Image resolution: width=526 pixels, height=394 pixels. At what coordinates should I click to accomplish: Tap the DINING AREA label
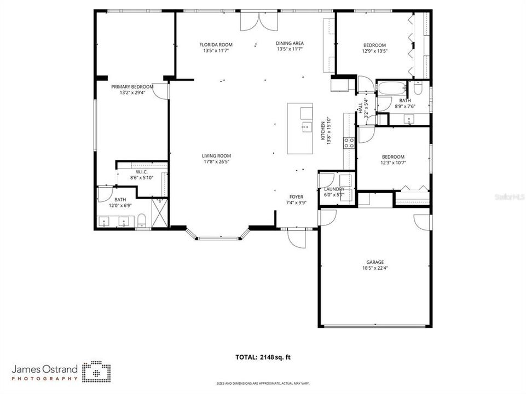[x=290, y=43]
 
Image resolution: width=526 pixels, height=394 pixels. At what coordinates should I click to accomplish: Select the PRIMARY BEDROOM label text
[x=132, y=86]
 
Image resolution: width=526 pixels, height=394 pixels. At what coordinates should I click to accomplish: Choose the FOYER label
[x=296, y=196]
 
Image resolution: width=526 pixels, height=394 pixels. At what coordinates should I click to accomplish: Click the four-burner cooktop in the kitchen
[x=348, y=143]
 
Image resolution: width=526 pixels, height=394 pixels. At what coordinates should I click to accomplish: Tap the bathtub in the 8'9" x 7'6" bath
[x=392, y=88]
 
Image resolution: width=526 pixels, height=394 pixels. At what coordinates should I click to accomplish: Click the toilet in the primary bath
[x=142, y=221]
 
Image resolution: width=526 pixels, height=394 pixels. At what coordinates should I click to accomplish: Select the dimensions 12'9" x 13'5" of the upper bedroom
[x=375, y=51]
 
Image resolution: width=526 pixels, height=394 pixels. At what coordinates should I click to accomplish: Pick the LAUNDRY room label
[x=334, y=189]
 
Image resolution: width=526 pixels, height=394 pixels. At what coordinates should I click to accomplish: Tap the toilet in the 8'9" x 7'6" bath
[x=419, y=88]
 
